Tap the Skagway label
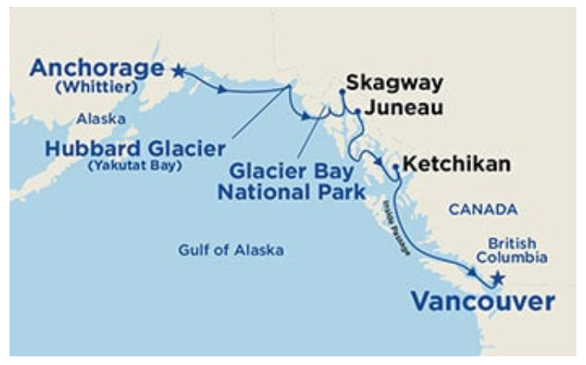click(394, 83)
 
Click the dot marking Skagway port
click(342, 90)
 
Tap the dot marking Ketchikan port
click(396, 166)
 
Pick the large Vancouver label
click(482, 302)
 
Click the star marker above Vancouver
click(497, 279)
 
